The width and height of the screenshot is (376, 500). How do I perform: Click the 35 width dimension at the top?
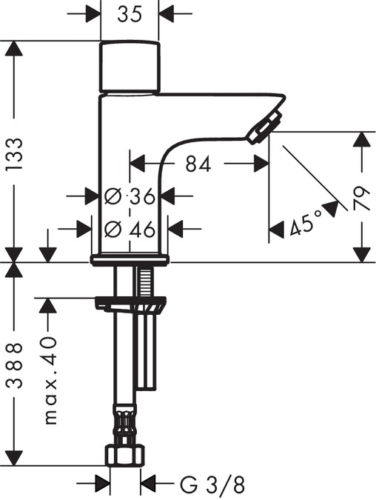tap(130, 15)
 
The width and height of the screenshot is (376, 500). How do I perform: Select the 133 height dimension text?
tap(15, 153)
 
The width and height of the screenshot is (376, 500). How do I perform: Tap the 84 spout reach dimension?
tap(198, 164)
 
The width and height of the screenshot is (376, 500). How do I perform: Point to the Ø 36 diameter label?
tap(130, 196)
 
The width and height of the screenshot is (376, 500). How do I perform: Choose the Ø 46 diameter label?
tap(130, 229)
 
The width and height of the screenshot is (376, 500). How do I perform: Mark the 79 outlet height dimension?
tap(362, 199)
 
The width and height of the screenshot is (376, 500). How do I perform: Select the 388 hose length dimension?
tap(15, 365)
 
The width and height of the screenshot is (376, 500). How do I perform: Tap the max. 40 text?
tap(50, 379)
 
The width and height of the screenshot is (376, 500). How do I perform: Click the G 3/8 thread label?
tap(212, 485)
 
